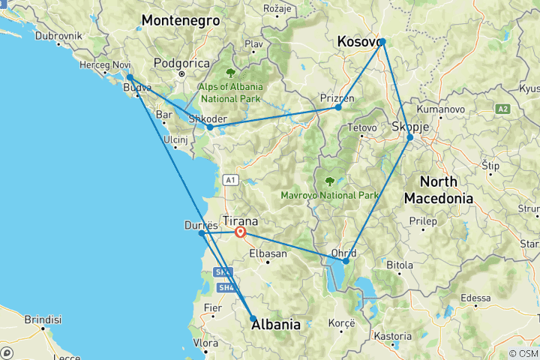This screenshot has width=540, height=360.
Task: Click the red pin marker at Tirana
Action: click(x=240, y=232)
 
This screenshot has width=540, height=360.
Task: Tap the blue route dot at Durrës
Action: click(x=201, y=233)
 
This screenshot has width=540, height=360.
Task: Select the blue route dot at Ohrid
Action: click(x=345, y=261)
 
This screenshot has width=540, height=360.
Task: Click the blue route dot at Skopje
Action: click(x=409, y=137)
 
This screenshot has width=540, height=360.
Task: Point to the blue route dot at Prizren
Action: click(x=338, y=108)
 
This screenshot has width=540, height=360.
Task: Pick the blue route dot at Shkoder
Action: click(x=210, y=127)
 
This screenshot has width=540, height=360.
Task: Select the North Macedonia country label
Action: click(x=439, y=190)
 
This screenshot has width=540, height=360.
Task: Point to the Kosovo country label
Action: click(x=359, y=41)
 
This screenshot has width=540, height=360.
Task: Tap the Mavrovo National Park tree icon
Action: click(x=329, y=181)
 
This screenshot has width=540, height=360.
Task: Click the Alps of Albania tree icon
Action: click(x=229, y=73)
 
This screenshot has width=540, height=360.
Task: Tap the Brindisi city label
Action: click(x=42, y=319)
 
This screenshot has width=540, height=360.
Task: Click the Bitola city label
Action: click(x=398, y=265)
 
